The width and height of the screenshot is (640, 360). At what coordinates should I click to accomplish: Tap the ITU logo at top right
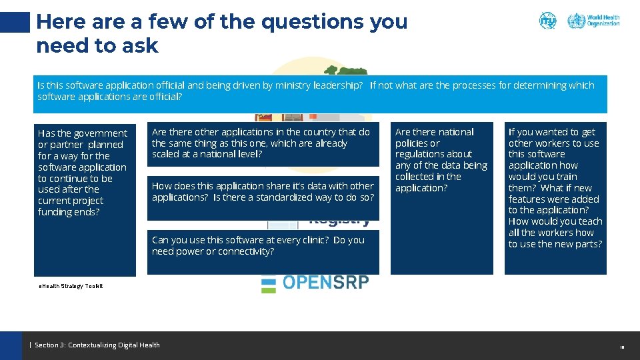(547, 20)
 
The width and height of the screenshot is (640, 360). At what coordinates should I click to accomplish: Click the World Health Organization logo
(593, 20)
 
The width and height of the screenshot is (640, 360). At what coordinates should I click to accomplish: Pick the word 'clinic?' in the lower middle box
(310, 240)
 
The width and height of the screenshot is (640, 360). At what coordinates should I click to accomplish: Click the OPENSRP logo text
(325, 283)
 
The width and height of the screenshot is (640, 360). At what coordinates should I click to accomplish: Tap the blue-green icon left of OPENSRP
(268, 283)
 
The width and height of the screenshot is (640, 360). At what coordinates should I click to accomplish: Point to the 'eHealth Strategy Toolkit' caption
(71, 286)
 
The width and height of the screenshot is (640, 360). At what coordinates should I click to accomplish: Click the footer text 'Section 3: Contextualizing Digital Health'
(97, 345)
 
